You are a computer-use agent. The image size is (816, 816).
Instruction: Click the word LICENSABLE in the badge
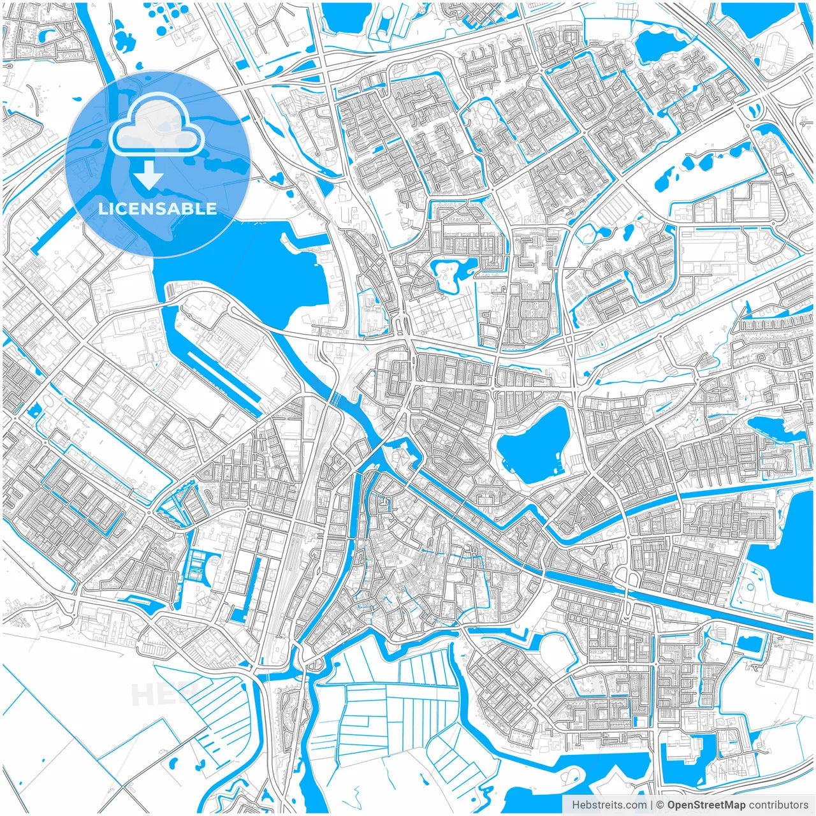(x=157, y=208)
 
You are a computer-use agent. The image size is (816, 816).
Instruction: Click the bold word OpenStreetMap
(x=706, y=805)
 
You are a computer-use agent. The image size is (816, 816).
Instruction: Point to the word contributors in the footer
(x=778, y=805)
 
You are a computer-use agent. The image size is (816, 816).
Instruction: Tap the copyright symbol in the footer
(x=660, y=805)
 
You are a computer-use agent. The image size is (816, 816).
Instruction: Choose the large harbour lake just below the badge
(x=255, y=268)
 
